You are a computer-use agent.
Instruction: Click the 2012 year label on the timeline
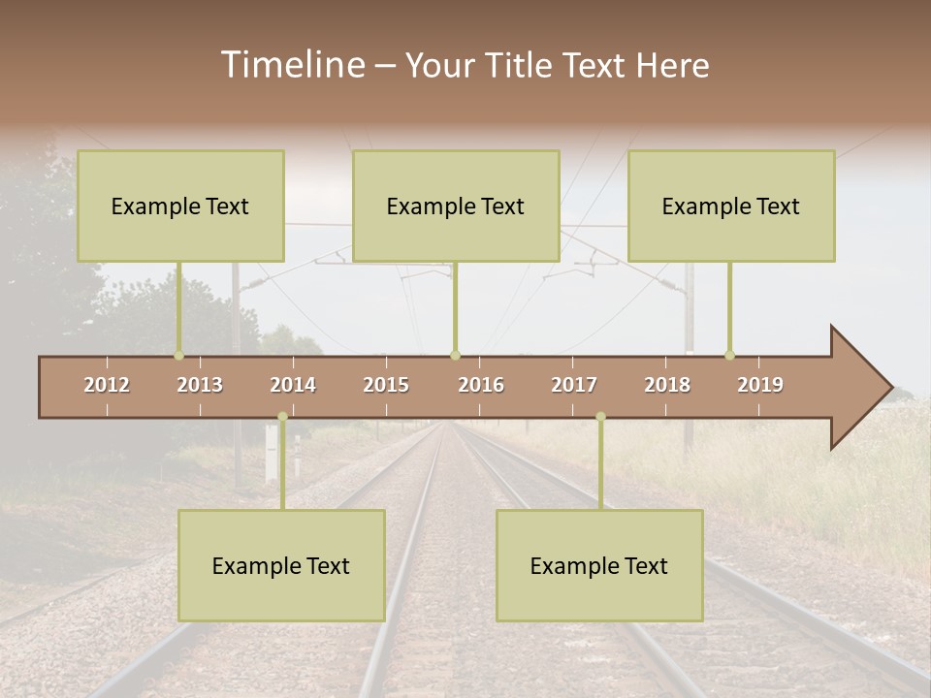coord(107,385)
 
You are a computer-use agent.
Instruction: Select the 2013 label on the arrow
coord(200,385)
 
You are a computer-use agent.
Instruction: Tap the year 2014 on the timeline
coord(293,385)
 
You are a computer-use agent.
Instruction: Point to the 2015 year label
coord(386,385)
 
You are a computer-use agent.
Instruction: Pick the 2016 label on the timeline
coord(481,385)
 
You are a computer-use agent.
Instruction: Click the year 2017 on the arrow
coord(574,385)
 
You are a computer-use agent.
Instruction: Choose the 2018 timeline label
coord(667,385)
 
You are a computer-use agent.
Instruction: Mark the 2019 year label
coord(760,385)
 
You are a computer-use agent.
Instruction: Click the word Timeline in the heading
coord(292,65)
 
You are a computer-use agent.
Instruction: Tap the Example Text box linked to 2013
coord(180,206)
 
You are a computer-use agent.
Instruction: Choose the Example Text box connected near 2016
coord(456,206)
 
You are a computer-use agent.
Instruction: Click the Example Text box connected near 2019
coord(731,206)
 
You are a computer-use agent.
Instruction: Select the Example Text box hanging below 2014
coord(281,565)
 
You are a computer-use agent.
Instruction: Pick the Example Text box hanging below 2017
coord(599,565)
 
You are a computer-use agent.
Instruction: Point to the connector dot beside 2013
coord(178,356)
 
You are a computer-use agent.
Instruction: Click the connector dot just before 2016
coord(455,356)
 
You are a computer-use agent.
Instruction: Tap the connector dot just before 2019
coord(729,356)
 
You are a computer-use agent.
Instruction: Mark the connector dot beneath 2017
coord(600,417)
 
